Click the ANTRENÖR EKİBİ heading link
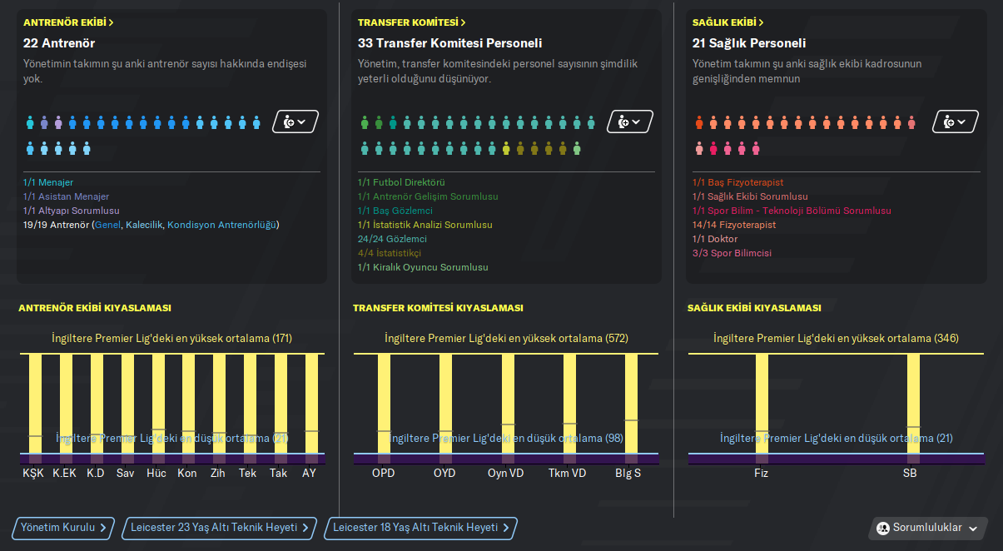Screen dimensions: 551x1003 (x=68, y=22)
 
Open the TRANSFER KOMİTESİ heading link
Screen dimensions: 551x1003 (x=411, y=22)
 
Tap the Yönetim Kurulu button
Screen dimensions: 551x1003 (x=63, y=528)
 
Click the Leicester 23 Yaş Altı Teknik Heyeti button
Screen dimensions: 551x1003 (x=220, y=528)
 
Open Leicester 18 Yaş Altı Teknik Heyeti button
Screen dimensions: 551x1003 (x=420, y=528)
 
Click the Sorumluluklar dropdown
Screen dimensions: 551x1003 (x=928, y=529)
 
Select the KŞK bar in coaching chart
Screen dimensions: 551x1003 (x=35, y=408)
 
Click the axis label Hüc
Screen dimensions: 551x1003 (x=156, y=474)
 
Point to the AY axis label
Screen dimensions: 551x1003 (x=310, y=474)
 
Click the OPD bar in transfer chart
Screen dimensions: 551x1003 (x=384, y=408)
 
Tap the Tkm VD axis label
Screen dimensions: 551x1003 (x=568, y=474)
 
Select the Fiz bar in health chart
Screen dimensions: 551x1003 (x=762, y=408)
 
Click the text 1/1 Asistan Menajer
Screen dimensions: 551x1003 (x=67, y=197)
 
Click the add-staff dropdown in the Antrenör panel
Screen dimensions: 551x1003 (x=295, y=122)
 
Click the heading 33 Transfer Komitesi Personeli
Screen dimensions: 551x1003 (x=449, y=43)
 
